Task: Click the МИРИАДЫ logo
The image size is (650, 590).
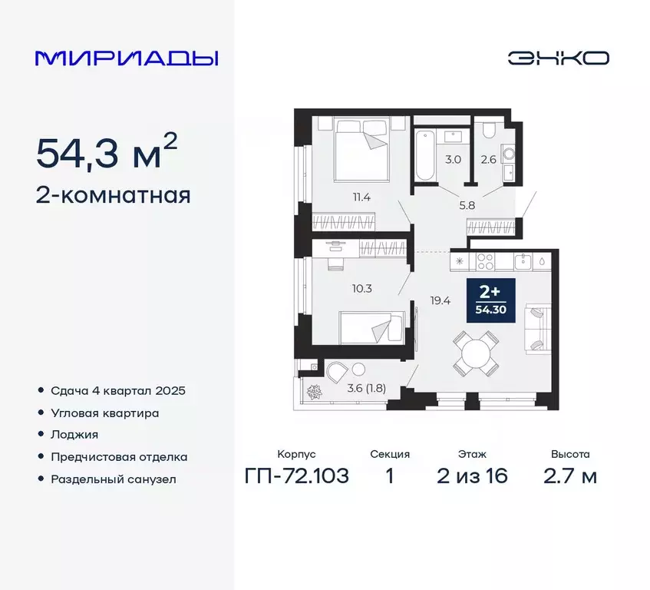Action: (127, 58)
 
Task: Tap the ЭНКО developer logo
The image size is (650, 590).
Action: (558, 58)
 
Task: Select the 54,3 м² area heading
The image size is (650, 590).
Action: (107, 153)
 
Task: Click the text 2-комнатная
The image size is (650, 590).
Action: (113, 196)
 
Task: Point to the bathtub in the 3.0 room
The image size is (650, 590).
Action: (424, 154)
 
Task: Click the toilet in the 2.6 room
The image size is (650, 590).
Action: (508, 152)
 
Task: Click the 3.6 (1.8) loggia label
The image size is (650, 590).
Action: (367, 388)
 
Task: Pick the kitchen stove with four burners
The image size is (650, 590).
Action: (487, 261)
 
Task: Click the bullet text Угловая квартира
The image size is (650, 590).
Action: (105, 413)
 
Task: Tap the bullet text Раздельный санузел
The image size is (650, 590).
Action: (114, 479)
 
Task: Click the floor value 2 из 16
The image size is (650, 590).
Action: (473, 476)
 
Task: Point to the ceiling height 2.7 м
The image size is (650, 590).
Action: (569, 476)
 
